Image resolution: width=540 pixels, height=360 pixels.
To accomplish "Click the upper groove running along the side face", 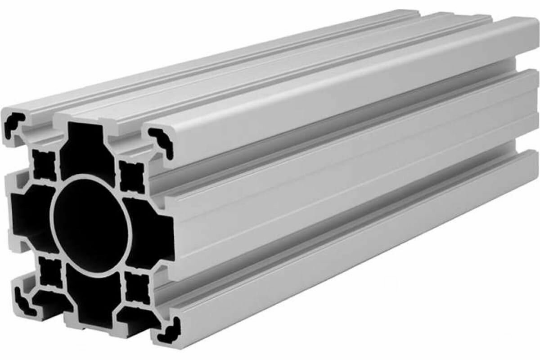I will point(342,130).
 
